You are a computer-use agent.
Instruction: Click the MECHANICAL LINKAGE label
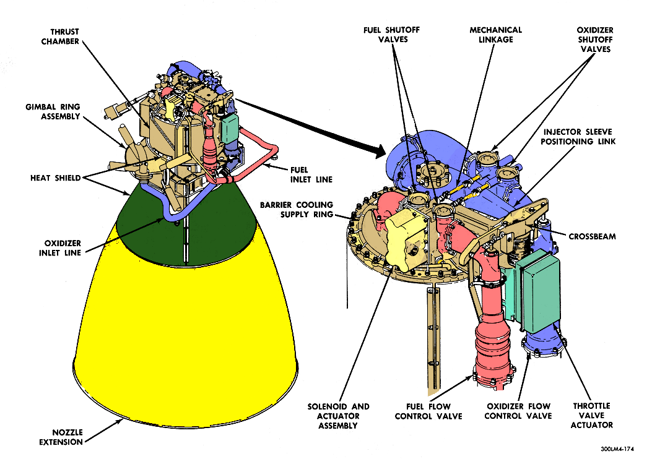(x=495, y=35)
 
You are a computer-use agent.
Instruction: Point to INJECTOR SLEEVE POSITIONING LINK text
(x=580, y=137)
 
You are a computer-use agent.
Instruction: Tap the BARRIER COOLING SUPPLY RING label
(x=297, y=210)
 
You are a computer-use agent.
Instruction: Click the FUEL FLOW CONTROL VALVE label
(x=428, y=411)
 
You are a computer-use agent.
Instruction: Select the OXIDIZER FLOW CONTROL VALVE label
(x=518, y=411)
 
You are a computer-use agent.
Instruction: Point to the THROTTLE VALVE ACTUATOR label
(x=593, y=415)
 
